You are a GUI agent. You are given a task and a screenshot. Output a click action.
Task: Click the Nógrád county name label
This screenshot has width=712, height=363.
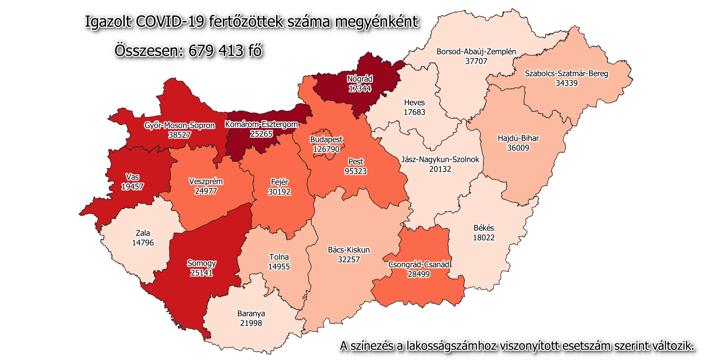(360, 79)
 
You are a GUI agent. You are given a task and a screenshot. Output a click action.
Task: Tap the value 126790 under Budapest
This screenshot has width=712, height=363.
(326, 149)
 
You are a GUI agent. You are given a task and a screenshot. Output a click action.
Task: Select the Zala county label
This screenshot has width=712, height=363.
(143, 233)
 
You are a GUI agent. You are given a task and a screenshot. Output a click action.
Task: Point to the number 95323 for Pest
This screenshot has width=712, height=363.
(355, 171)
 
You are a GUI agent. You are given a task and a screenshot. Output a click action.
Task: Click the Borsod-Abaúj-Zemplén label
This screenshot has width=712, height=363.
(476, 51)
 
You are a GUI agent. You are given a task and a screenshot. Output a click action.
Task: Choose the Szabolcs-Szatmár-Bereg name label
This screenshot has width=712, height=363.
(566, 73)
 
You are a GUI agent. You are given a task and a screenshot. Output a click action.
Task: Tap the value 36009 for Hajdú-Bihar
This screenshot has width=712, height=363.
(518, 148)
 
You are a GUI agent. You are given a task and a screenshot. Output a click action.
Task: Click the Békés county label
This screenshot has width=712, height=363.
(483, 228)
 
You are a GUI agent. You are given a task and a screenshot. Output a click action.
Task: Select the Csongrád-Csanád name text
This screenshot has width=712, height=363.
(418, 264)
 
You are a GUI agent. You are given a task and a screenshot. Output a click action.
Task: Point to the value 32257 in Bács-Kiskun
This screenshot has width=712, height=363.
(349, 260)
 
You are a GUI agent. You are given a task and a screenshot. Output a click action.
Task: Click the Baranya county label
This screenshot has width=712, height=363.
(251, 314)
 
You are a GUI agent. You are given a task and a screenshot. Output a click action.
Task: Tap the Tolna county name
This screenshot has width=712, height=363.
(279, 257)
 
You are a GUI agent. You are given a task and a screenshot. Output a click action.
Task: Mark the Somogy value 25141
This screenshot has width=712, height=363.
(201, 273)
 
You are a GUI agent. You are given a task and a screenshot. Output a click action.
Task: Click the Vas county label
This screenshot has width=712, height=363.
(132, 177)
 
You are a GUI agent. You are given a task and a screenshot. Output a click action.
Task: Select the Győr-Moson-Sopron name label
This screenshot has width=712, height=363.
(180, 125)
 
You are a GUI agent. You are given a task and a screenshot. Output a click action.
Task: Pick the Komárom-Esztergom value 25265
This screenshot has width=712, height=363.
(262, 134)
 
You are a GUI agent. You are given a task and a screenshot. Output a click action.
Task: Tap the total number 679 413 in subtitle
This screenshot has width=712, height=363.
(216, 51)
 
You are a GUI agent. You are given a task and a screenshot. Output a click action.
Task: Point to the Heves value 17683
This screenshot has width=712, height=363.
(414, 112)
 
